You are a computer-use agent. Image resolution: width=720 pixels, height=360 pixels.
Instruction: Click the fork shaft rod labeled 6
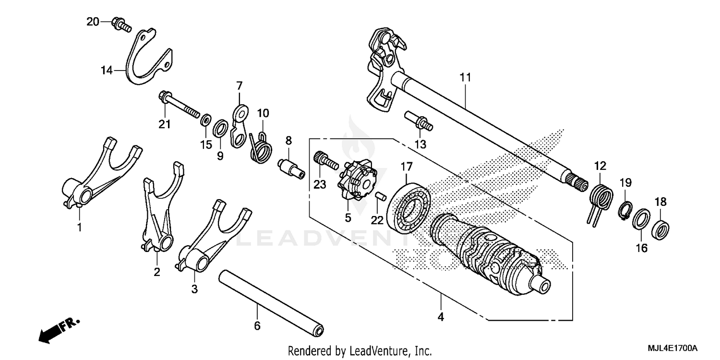point(271,302)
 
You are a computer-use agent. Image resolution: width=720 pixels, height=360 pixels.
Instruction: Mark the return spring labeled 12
point(600,197)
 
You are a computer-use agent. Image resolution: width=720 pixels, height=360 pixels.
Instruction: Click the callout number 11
point(465,77)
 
